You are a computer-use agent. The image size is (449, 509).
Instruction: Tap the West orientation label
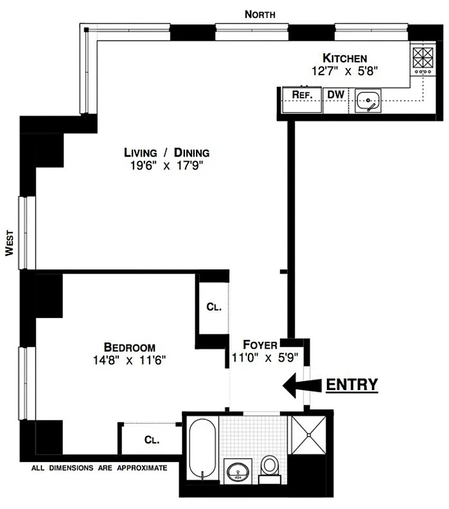point(10,242)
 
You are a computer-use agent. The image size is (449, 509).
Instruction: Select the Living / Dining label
point(167,153)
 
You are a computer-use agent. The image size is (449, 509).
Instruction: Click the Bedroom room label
point(130,347)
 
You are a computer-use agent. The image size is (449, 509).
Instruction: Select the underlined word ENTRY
point(352,384)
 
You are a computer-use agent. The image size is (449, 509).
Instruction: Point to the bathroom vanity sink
point(240,471)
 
